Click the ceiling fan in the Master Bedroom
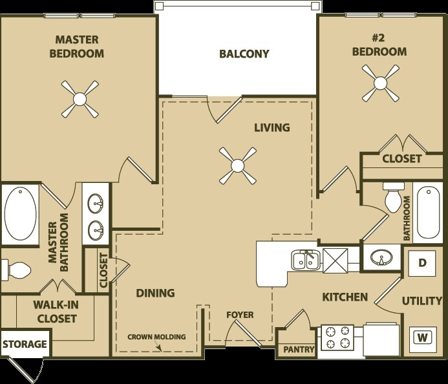tap(80, 99)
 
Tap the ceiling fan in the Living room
tap(237, 163)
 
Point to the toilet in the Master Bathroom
tap(17, 268)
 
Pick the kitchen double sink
tap(303, 261)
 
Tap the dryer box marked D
tap(422, 262)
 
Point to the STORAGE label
tap(24, 344)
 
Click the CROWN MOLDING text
tap(156, 337)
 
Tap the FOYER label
tap(239, 315)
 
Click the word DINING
tap(155, 293)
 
